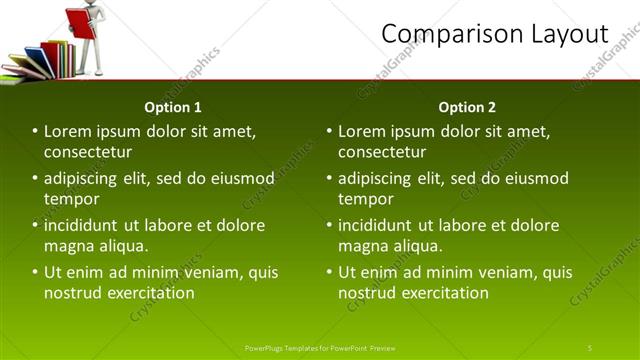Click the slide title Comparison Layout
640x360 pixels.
(x=495, y=34)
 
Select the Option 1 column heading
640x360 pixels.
(x=173, y=107)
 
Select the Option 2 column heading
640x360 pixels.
(x=467, y=107)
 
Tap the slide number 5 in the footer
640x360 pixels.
(x=590, y=347)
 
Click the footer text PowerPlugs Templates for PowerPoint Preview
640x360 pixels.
(x=320, y=347)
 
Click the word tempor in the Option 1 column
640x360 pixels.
(x=71, y=199)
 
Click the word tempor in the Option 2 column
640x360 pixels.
(x=365, y=199)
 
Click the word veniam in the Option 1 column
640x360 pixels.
(x=212, y=272)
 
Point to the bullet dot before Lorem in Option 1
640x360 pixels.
(x=35, y=131)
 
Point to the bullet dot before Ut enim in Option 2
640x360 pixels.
(x=329, y=272)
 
